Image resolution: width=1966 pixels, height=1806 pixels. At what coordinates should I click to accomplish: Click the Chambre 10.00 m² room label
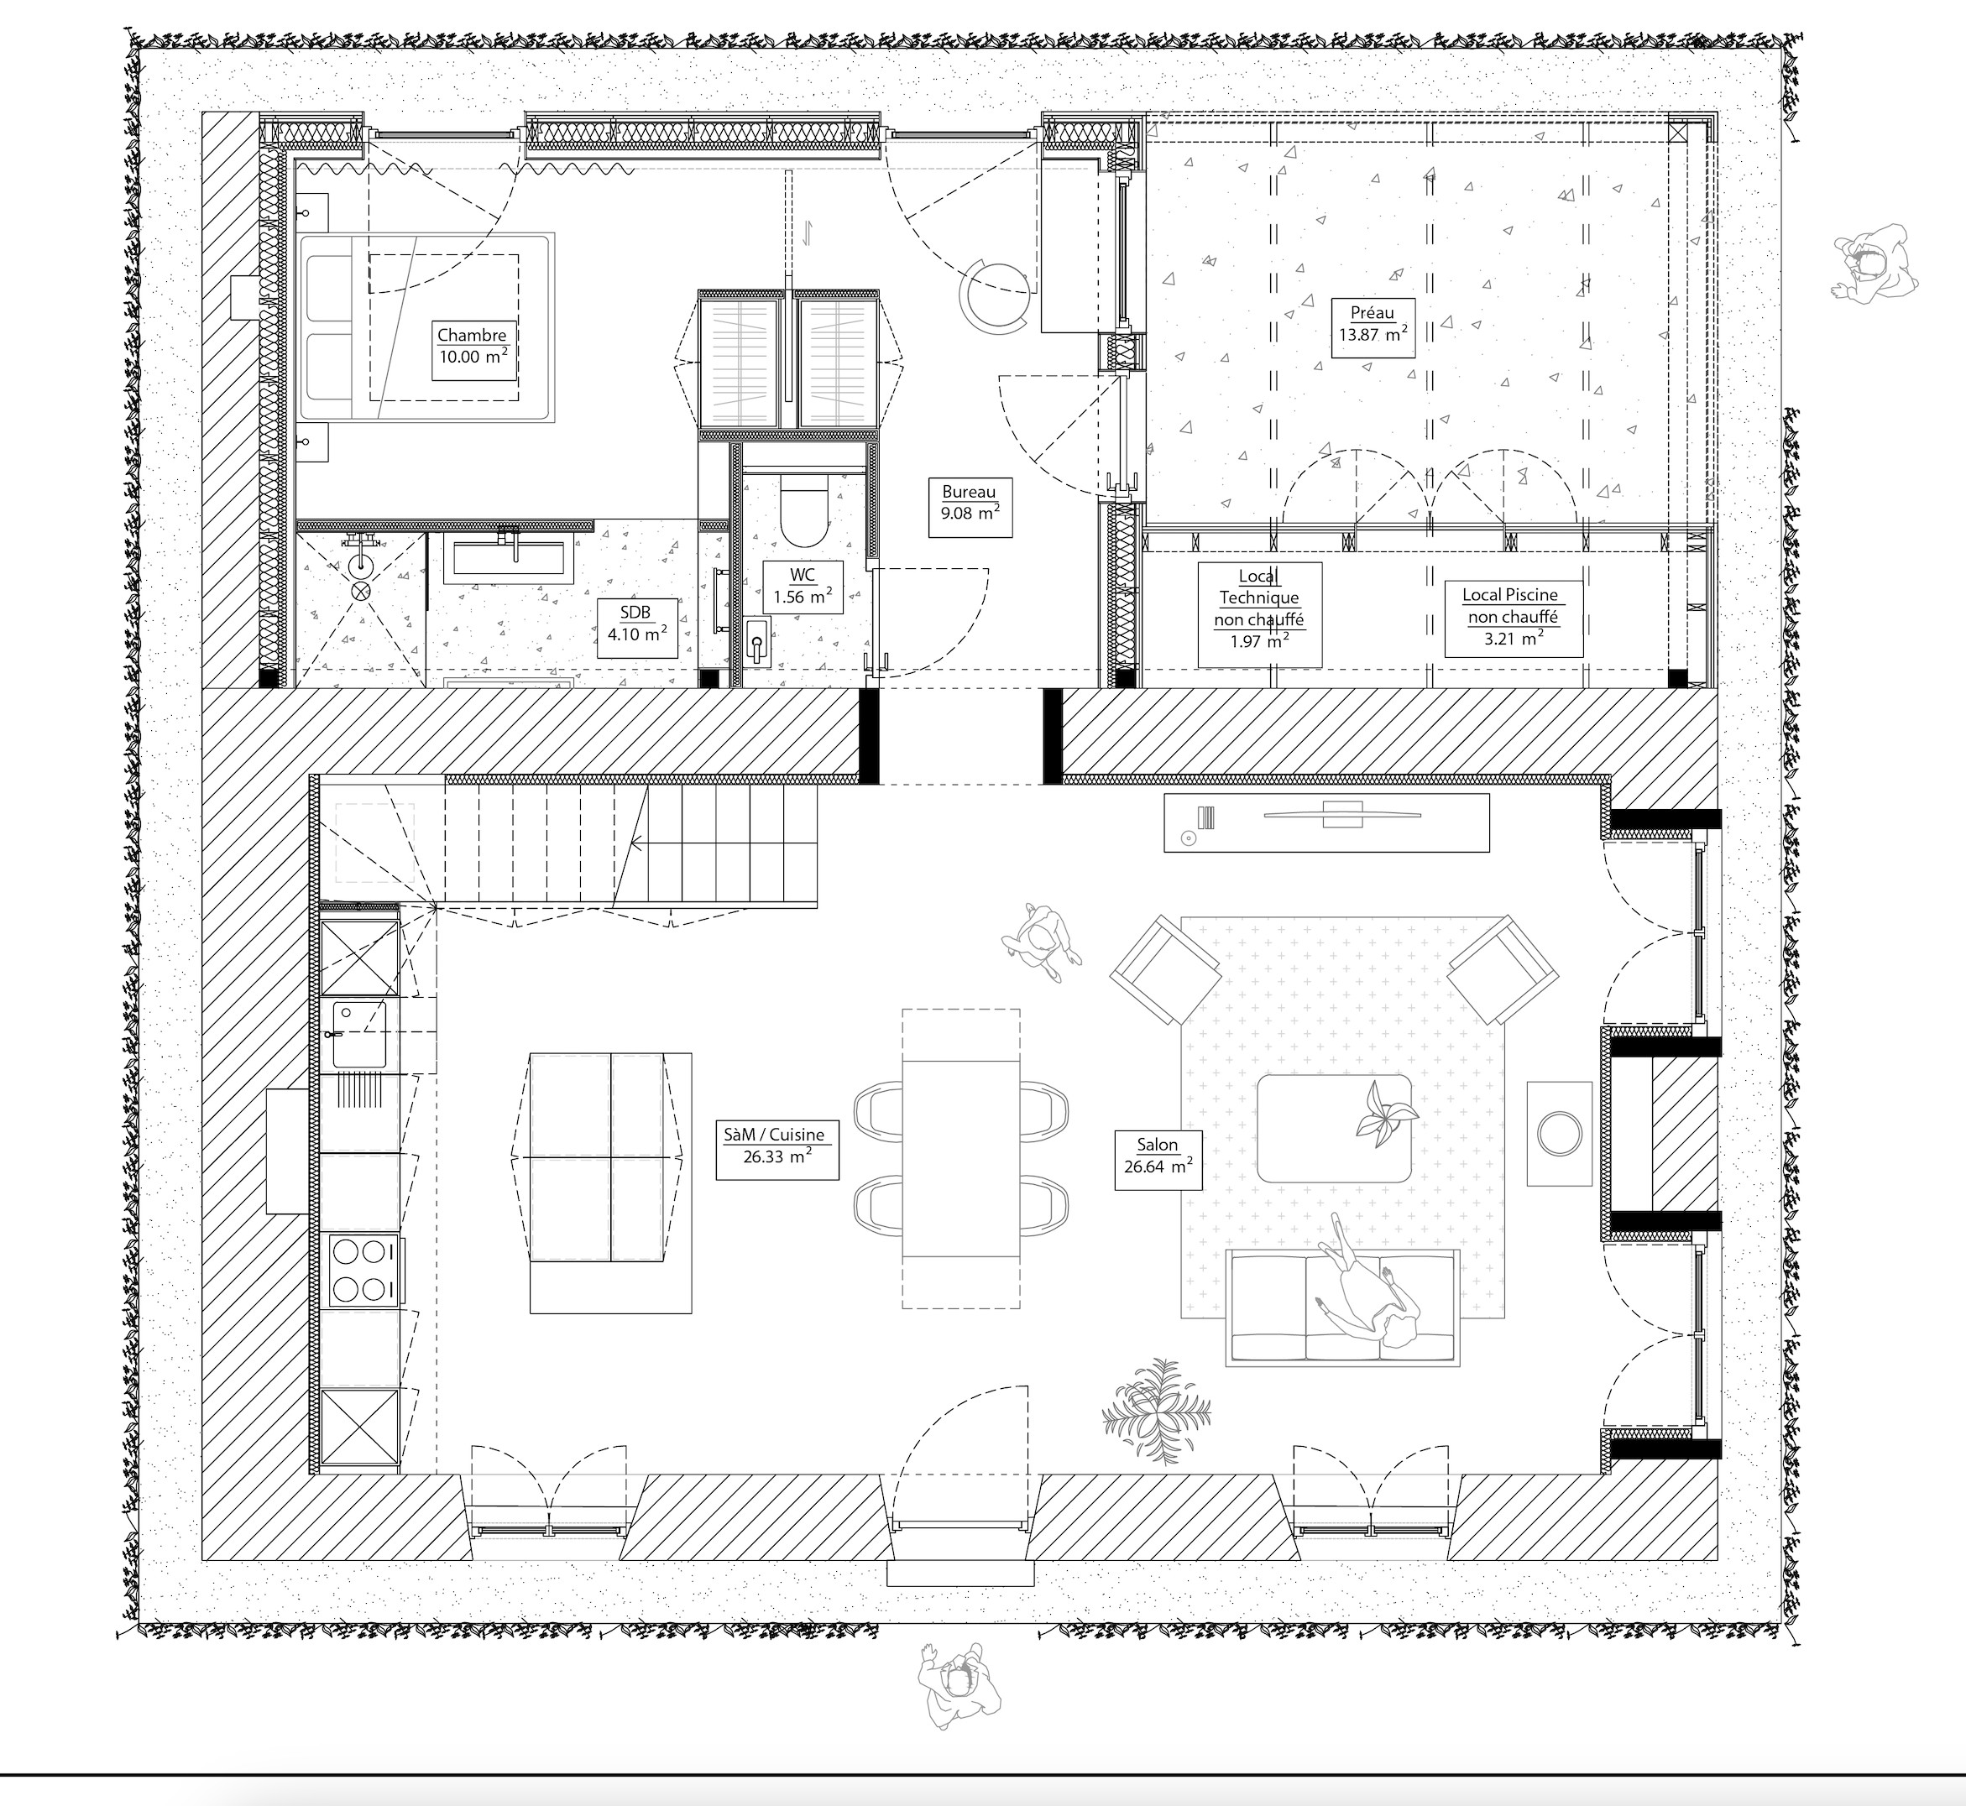coord(472,347)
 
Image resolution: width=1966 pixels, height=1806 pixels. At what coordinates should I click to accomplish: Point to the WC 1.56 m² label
coord(802,587)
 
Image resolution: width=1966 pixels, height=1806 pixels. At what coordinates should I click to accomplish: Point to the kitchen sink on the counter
coord(358,1034)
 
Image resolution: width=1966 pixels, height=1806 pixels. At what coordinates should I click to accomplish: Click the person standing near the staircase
coord(1042,942)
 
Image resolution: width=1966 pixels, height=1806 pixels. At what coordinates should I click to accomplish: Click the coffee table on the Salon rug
coord(1334,1129)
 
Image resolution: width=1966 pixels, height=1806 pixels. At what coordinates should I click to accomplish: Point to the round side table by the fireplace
coord(1560,1134)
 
